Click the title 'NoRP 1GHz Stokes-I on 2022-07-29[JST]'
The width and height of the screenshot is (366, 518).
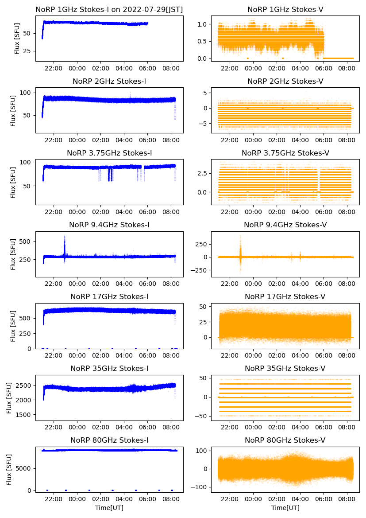[109, 9]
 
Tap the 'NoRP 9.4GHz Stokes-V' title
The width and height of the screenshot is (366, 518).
[285, 225]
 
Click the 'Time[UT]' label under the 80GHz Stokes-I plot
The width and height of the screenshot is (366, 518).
[109, 508]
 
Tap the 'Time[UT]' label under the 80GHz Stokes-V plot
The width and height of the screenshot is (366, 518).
[285, 508]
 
